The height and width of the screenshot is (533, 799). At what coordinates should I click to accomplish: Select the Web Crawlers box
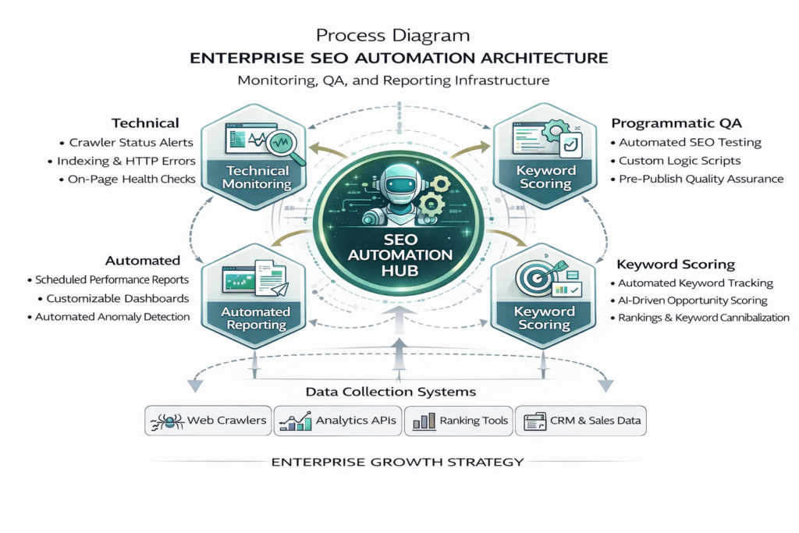coord(209,421)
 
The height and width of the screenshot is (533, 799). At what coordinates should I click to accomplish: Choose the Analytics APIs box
coord(340,421)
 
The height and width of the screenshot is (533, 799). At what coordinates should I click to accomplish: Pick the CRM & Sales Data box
coord(581,421)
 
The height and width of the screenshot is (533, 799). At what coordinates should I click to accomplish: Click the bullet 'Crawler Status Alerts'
coord(131,143)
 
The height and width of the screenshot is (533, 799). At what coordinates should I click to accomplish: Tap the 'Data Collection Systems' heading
coord(391,392)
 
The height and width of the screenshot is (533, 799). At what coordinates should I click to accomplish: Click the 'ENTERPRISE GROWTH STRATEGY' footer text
coord(397,462)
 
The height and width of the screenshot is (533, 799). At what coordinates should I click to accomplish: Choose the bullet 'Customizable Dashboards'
coord(117,298)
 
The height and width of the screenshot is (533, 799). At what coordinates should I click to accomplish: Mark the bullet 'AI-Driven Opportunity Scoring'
coord(693,300)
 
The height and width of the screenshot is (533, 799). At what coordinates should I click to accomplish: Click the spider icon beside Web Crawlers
coord(165,421)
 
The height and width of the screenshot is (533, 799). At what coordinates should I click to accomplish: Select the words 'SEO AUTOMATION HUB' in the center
coord(399,254)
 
